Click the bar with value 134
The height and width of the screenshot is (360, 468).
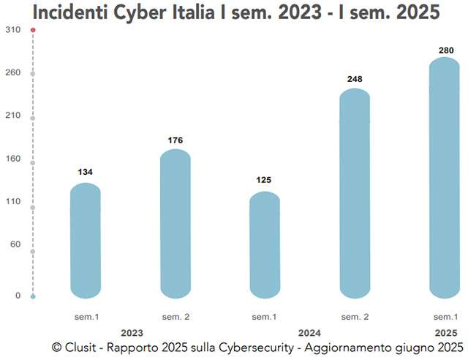86,241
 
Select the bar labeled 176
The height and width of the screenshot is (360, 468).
175,224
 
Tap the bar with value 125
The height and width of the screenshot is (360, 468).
265,245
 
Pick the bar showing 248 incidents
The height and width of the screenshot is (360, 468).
355,194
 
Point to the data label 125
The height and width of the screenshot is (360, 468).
265,180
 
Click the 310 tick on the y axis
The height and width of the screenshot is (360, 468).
12,30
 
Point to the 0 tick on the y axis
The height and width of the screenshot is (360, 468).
18,296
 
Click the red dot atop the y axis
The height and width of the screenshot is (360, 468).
33,30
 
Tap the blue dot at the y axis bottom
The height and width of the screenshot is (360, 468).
33,296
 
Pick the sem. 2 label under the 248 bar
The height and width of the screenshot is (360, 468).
355,317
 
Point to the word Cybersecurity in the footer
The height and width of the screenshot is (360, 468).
259,346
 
